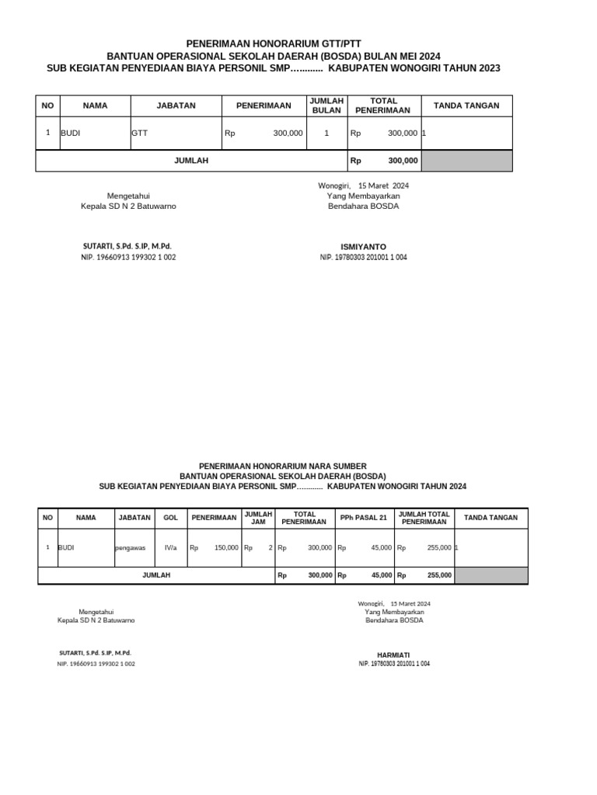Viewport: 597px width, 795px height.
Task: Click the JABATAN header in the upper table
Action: click(x=176, y=106)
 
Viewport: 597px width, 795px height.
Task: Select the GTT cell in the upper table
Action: click(x=140, y=134)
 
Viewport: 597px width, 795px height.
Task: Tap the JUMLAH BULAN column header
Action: click(x=326, y=106)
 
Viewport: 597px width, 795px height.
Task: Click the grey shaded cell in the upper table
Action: click(x=466, y=161)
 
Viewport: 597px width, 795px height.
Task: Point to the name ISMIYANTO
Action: click(x=363, y=247)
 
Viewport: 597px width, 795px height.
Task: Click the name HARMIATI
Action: click(x=393, y=654)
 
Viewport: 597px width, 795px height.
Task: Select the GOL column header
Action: click(x=169, y=518)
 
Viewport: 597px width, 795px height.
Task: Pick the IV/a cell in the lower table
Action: click(x=171, y=547)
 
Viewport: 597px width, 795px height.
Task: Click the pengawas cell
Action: click(x=130, y=547)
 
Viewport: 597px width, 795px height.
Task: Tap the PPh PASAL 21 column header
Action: click(x=364, y=518)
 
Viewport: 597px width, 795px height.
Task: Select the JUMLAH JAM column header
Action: click(x=258, y=518)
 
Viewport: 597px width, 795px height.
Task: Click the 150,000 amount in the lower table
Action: click(x=226, y=547)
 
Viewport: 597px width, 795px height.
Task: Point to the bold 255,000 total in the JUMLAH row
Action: click(x=439, y=575)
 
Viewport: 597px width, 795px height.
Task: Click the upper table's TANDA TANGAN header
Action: click(x=466, y=106)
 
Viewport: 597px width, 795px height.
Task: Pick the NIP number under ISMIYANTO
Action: click(x=363, y=257)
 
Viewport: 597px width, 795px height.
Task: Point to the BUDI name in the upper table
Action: click(x=71, y=134)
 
